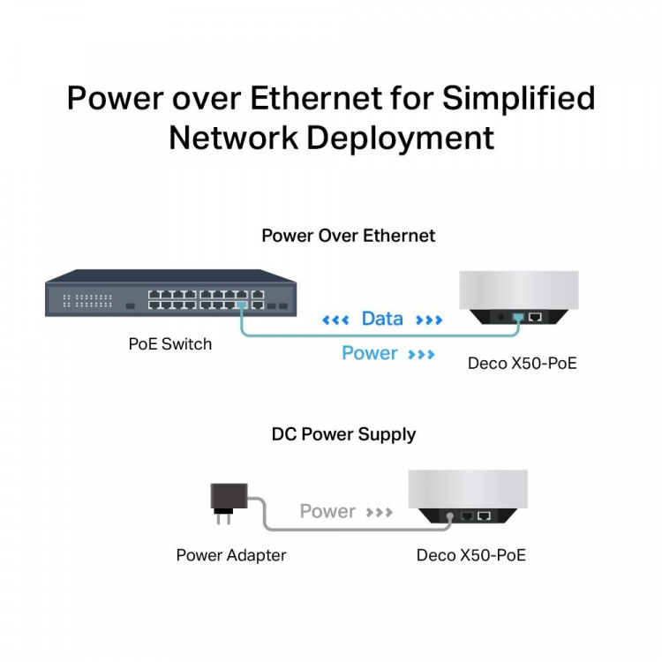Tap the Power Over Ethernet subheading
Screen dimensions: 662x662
pos(349,236)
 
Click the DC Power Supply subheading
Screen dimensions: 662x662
pos(343,434)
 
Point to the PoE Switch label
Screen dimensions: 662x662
pos(170,344)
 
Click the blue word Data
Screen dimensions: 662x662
pos(382,319)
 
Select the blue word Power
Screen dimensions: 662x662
pos(370,353)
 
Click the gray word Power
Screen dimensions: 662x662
pos(327,511)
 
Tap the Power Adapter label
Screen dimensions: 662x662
pos(231,555)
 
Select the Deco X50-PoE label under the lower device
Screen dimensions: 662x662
pos(471,555)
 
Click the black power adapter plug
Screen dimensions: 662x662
pos(225,500)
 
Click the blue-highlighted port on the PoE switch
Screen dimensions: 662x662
pos(242,305)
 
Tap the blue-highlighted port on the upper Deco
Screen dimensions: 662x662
pos(518,316)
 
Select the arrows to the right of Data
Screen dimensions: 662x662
pos(428,320)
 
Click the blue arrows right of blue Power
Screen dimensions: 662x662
pos(422,354)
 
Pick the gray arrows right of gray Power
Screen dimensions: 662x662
pos(380,512)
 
